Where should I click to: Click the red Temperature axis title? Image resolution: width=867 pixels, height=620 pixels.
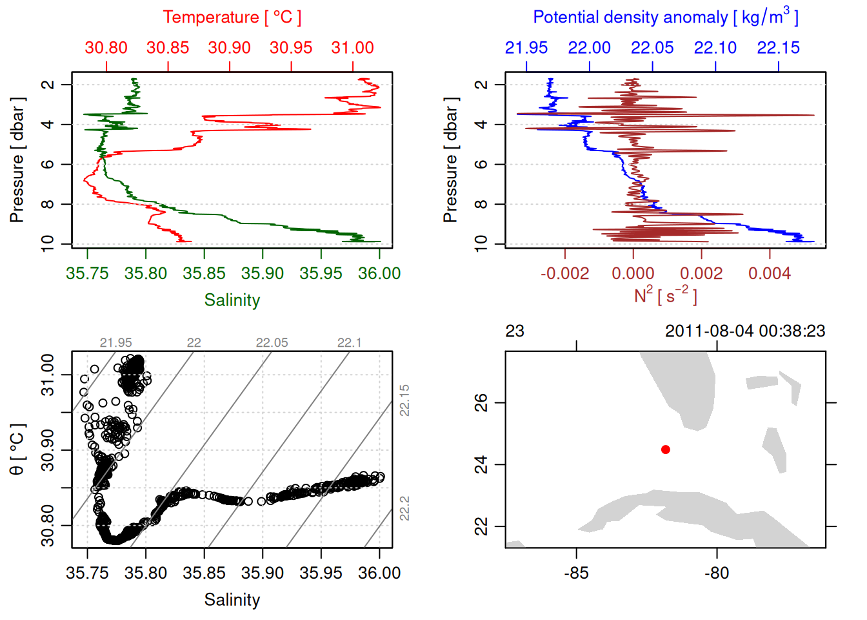[x=232, y=17]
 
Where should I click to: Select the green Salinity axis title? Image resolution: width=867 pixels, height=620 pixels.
[x=232, y=300]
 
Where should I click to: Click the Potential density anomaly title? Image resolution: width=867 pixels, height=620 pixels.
[x=665, y=17]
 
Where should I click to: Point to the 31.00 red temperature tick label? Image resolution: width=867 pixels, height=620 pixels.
[x=352, y=48]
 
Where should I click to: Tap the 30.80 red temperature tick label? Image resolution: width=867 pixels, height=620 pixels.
[x=106, y=48]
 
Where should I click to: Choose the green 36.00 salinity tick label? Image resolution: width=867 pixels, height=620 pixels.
[x=379, y=274]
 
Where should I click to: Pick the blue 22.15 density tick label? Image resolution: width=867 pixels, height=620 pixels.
[x=778, y=48]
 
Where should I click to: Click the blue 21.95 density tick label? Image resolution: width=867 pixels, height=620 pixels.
[x=526, y=48]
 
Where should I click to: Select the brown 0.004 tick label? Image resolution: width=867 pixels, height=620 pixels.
[x=769, y=274]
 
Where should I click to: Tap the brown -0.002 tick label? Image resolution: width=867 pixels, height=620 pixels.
[x=564, y=274]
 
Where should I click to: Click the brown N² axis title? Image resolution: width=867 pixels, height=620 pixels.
[x=665, y=296]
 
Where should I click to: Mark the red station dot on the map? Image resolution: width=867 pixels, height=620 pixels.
[x=666, y=449]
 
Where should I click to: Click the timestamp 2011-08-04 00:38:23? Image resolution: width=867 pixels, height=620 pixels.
[x=745, y=331]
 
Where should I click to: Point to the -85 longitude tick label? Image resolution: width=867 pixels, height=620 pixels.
[x=575, y=573]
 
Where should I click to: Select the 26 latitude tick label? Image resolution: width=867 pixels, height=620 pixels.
[x=481, y=403]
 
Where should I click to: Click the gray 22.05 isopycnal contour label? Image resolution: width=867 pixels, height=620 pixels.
[x=272, y=343]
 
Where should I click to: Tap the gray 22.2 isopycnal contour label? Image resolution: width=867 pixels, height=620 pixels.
[x=404, y=508]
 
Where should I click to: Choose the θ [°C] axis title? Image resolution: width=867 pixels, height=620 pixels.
[x=17, y=449]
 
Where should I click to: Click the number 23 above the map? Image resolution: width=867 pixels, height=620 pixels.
[x=514, y=331]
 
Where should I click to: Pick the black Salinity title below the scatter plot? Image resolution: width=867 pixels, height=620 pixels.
[x=232, y=600]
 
